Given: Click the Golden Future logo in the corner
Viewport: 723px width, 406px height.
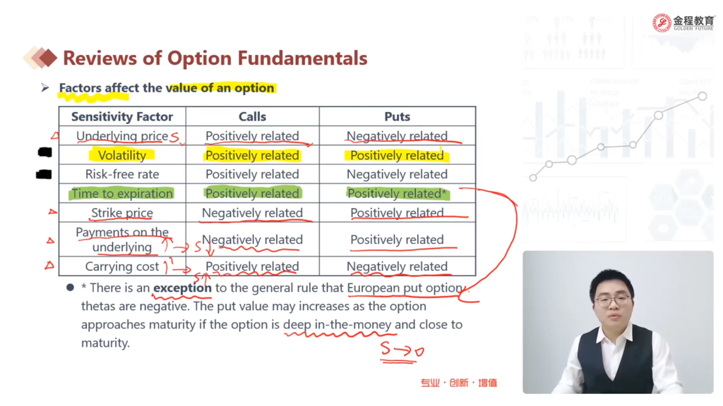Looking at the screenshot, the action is (x=683, y=23).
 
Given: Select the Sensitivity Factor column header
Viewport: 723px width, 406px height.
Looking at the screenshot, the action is (x=122, y=116).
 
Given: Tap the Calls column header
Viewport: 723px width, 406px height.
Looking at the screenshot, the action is (x=252, y=116).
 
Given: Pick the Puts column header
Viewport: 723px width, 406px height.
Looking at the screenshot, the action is (x=397, y=116).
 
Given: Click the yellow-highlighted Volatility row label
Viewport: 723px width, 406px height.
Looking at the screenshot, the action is (x=121, y=155).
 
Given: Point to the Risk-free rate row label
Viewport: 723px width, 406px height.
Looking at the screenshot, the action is (x=122, y=174).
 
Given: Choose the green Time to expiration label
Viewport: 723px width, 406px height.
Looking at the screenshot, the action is (x=122, y=193).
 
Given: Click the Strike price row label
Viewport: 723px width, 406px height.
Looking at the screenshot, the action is (x=121, y=213).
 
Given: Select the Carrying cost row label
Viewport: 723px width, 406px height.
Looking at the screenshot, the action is (x=121, y=266).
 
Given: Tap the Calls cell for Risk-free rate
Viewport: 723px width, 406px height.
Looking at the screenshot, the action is (x=252, y=174).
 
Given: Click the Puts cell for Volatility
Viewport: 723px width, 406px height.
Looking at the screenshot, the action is (x=397, y=155).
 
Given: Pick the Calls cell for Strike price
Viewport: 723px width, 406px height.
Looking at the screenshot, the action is (x=252, y=213).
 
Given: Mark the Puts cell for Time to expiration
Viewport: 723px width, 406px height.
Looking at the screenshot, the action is (x=398, y=193).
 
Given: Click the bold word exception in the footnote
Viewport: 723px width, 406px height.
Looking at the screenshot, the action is (x=182, y=288).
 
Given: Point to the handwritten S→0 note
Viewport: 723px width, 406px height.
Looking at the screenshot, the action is (x=402, y=352).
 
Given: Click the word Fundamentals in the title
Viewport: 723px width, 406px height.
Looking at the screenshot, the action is (x=302, y=59).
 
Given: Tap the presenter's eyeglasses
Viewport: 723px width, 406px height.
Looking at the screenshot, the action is (x=612, y=301).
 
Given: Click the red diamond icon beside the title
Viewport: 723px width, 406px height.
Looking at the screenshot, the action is (x=45, y=58).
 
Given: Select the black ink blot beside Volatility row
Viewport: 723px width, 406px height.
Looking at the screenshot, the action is (x=44, y=152).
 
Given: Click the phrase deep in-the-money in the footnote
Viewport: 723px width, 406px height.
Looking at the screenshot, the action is (x=337, y=324).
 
